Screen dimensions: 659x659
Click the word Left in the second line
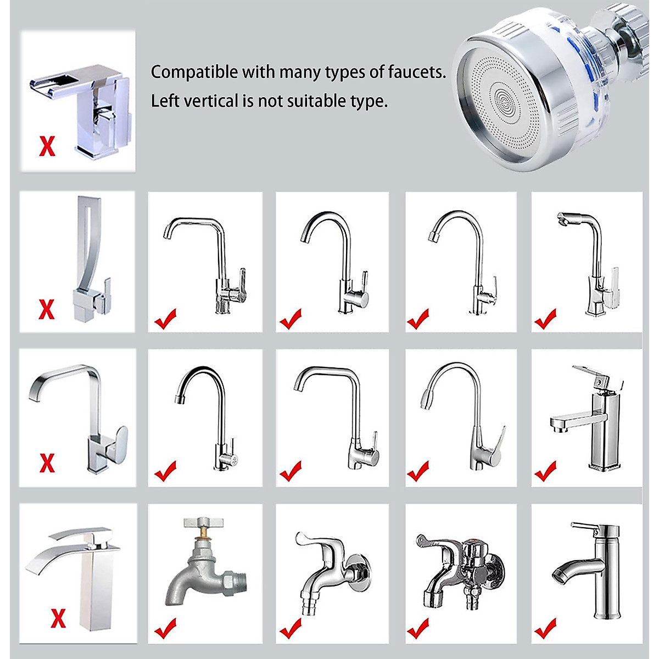(x=162, y=102)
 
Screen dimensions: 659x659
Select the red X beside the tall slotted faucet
(x=47, y=309)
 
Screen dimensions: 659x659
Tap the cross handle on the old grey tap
(x=201, y=522)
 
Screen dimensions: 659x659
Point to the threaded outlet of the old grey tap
(x=238, y=580)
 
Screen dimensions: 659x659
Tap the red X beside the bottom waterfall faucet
(x=58, y=618)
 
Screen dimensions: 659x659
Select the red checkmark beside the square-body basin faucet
(x=545, y=471)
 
